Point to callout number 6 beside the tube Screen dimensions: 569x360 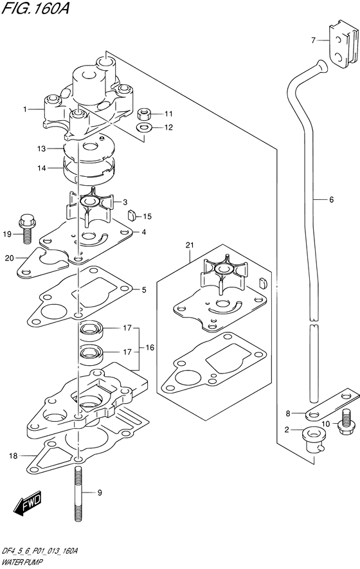click(331, 200)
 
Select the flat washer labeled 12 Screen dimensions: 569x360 click(145, 127)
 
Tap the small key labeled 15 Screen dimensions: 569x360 click(131, 215)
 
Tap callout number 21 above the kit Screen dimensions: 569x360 click(190, 245)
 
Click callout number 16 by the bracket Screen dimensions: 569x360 click(150, 348)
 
